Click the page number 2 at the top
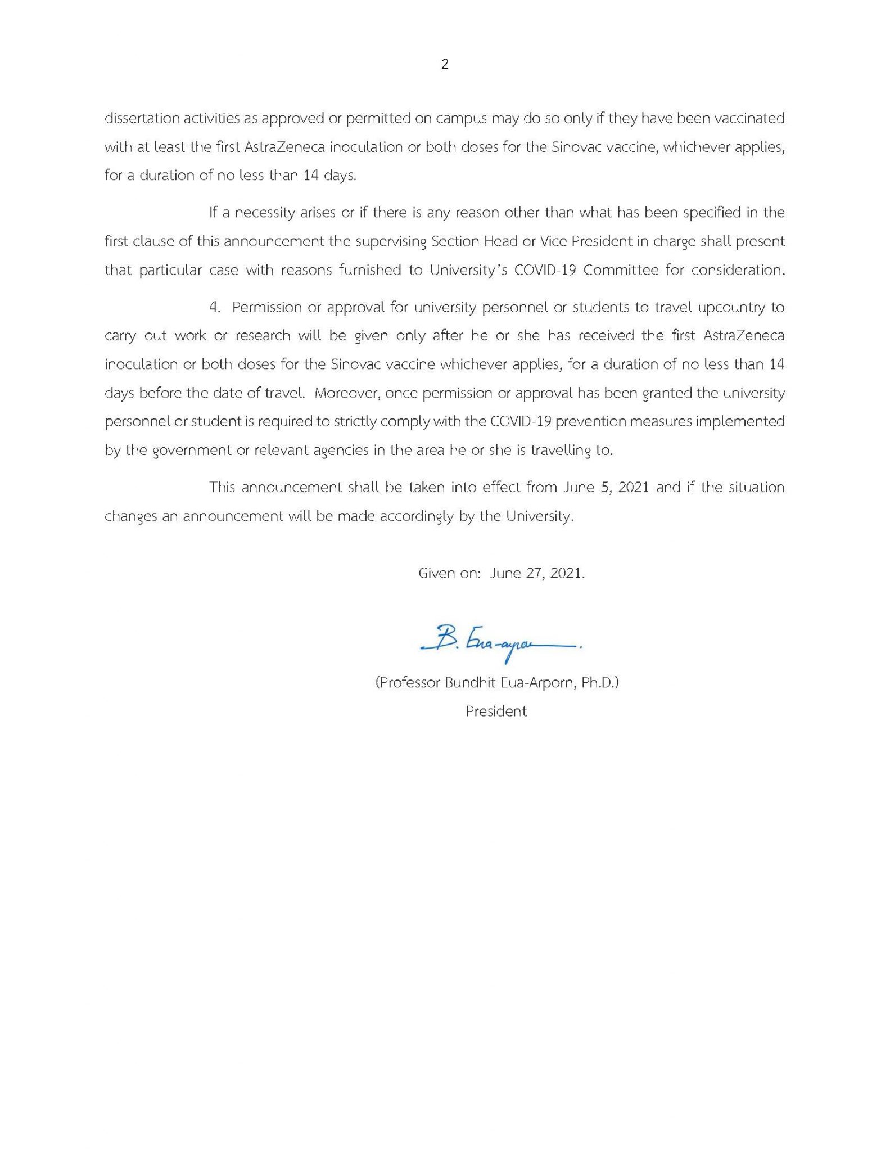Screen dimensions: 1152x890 click(445, 64)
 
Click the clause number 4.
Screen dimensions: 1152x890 click(213, 308)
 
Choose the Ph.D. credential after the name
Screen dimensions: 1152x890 click(600, 683)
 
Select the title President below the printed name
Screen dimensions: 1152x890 click(496, 712)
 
